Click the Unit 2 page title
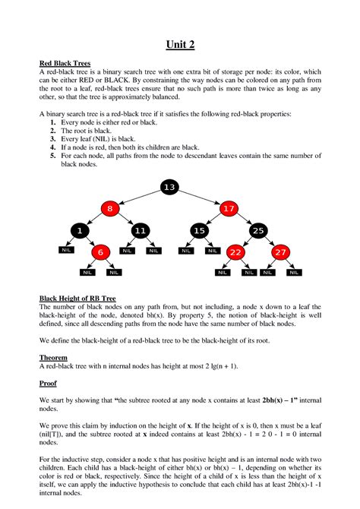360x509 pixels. click(x=180, y=45)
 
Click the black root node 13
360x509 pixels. click(x=169, y=187)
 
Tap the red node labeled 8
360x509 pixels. click(x=109, y=207)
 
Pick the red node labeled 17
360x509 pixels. click(x=229, y=207)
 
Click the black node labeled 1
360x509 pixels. click(x=79, y=230)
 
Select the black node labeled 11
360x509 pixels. click(x=140, y=230)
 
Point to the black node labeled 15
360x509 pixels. click(x=199, y=230)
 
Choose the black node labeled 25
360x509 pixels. click(x=258, y=230)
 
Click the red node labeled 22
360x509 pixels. click(x=235, y=252)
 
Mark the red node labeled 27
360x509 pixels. click(x=281, y=252)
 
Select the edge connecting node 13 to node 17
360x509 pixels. click(x=200, y=197)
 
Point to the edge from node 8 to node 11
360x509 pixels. click(x=125, y=220)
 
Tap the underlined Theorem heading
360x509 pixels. click(x=53, y=356)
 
